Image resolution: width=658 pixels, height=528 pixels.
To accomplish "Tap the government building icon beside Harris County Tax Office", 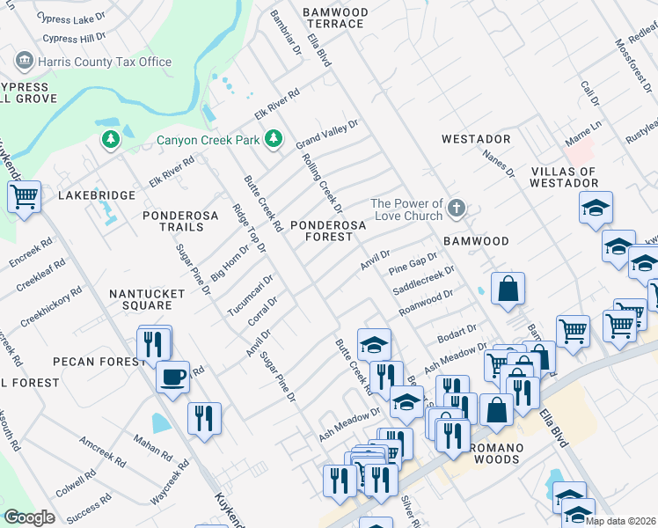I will tap(24, 62).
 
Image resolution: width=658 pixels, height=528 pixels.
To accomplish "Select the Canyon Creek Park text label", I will tap(208, 140).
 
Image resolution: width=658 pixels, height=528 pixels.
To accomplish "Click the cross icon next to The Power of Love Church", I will tap(455, 209).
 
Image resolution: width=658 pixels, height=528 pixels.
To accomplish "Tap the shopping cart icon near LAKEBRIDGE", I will tap(24, 197).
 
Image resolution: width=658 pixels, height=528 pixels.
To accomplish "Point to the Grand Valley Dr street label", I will tap(327, 136).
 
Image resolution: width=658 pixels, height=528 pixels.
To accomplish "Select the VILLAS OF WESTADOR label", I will tap(564, 177).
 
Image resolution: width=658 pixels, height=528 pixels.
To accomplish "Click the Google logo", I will tap(29, 518).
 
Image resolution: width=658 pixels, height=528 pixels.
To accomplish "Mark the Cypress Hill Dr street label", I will tap(74, 38).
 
